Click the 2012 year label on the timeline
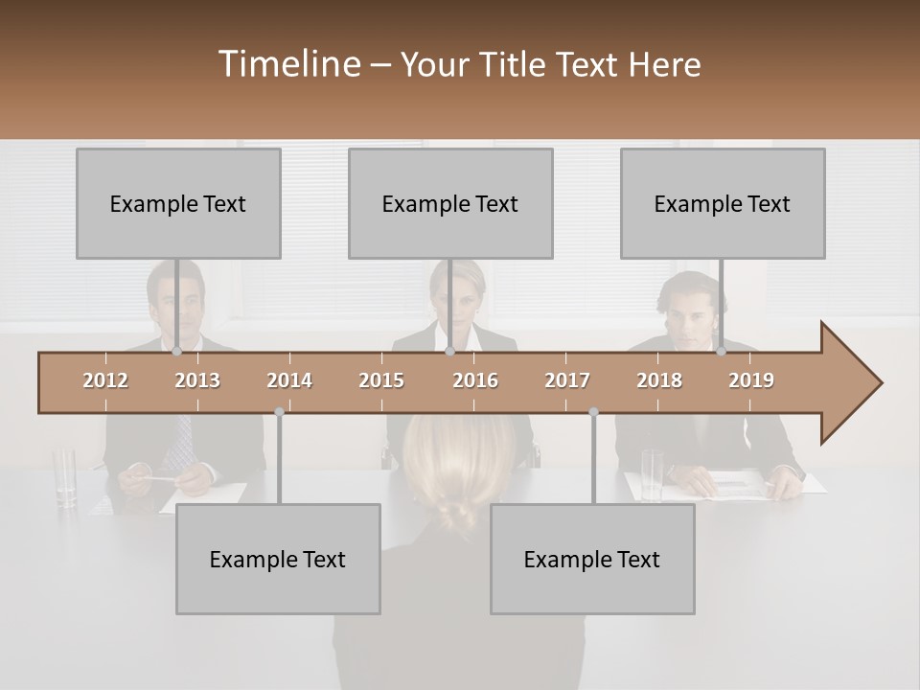(105, 380)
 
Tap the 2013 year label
(197, 380)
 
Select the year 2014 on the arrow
(289, 380)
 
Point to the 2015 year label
(381, 380)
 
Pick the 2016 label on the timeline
(475, 380)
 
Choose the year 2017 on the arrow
(567, 380)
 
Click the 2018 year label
(659, 380)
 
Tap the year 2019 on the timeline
(751, 380)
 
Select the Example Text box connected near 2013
(178, 203)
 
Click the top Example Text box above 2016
(450, 203)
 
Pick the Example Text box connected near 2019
(723, 203)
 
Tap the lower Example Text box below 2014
(278, 559)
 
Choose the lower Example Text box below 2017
(592, 559)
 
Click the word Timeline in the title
(288, 64)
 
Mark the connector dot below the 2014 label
(279, 412)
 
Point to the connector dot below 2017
(593, 412)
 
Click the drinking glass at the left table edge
(65, 476)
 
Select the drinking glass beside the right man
(653, 474)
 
